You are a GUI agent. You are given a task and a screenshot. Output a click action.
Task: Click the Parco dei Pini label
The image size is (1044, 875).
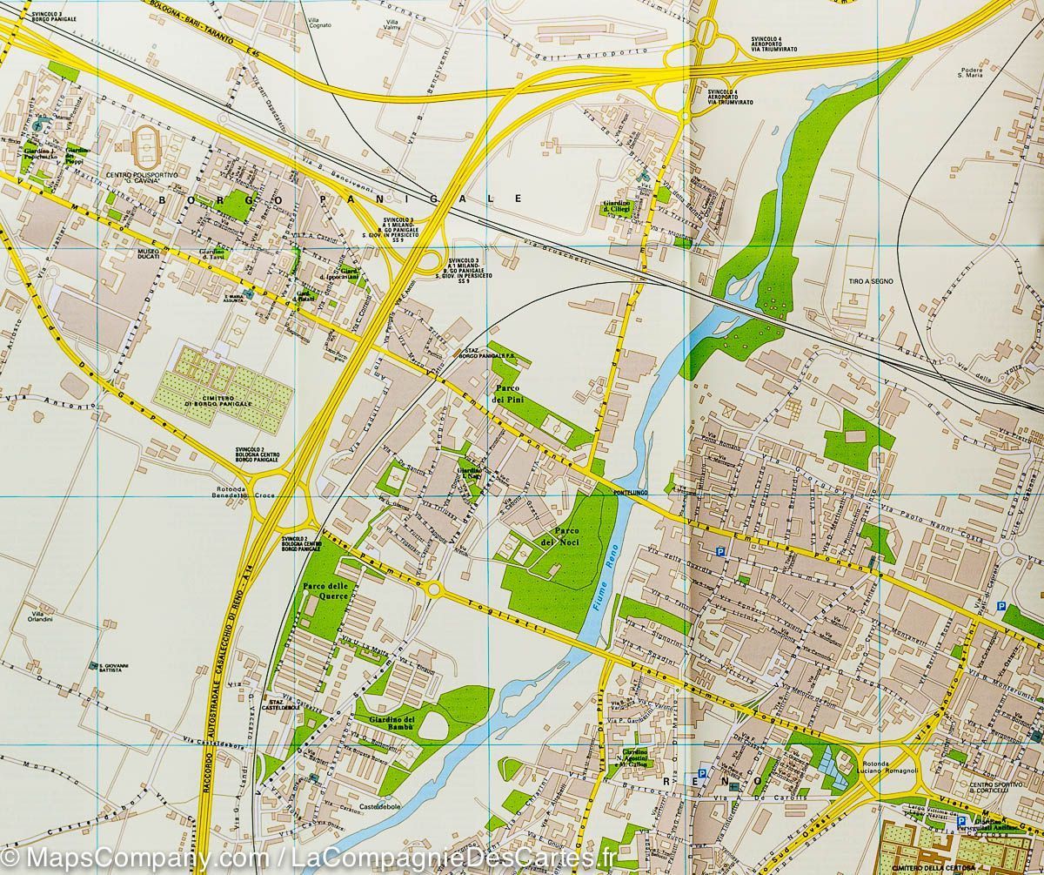click(510, 393)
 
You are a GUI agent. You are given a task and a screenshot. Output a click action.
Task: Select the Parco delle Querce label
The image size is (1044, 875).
click(326, 591)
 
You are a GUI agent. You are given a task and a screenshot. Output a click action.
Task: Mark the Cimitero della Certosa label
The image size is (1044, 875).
click(921, 867)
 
